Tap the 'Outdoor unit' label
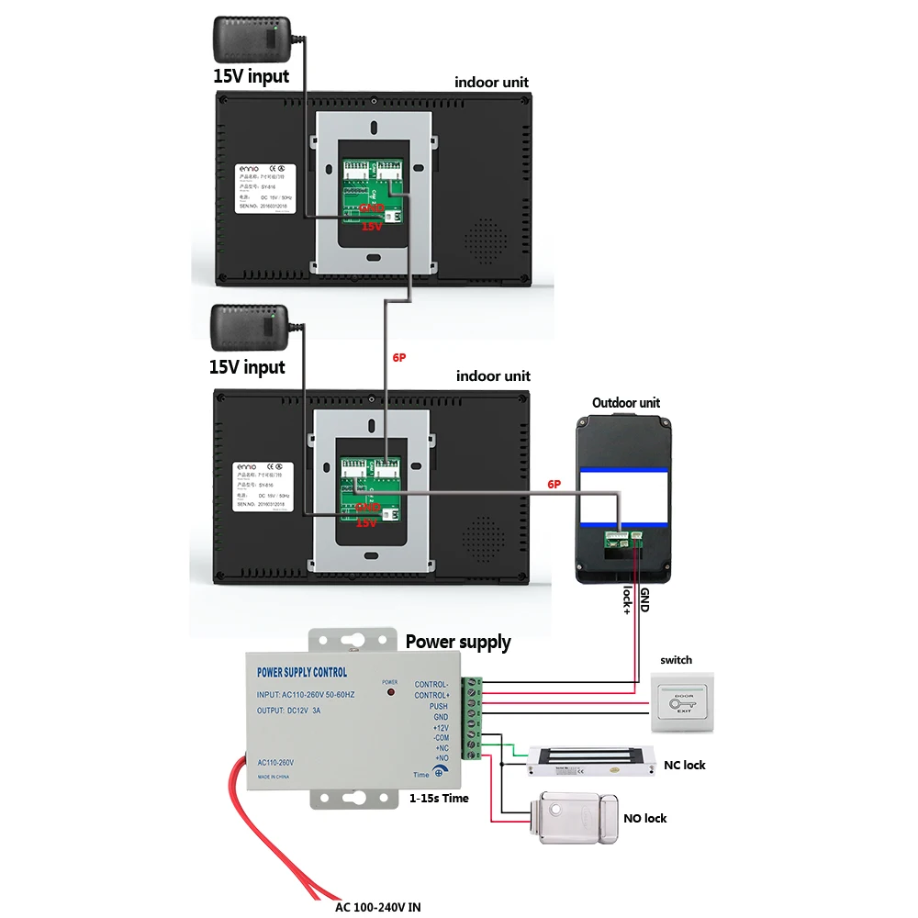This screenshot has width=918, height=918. click(x=625, y=403)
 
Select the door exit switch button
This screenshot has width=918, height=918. click(x=682, y=703)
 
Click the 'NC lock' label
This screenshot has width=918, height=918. click(x=685, y=765)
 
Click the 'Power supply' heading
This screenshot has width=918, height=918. click(x=458, y=642)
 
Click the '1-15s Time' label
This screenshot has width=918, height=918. click(x=438, y=798)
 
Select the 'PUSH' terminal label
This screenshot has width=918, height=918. click(x=438, y=706)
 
